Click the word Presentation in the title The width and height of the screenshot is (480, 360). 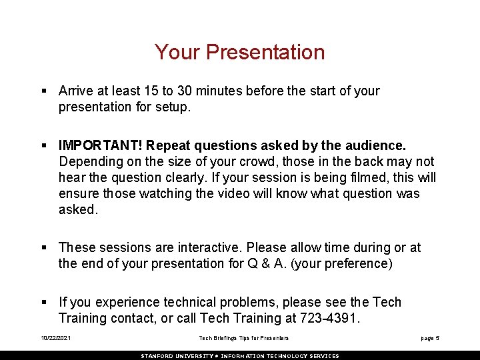265,52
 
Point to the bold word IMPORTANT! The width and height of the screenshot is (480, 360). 101,145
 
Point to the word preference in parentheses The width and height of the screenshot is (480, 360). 359,263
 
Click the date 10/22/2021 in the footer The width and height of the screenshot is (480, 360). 55,338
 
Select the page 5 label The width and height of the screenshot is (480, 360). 430,338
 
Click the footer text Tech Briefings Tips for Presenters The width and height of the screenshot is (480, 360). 244,338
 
